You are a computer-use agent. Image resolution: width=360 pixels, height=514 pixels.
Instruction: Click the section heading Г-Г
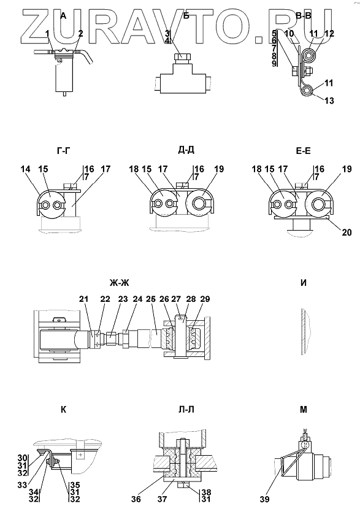(x=63, y=150)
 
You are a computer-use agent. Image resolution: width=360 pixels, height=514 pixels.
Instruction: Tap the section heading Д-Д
(x=186, y=150)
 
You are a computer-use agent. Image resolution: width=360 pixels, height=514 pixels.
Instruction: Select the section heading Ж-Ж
(x=120, y=283)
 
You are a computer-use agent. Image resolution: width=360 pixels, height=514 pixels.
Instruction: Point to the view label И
(x=304, y=283)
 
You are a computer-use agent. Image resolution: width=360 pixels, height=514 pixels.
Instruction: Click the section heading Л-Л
(x=186, y=410)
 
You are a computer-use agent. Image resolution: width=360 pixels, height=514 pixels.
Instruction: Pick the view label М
(x=304, y=410)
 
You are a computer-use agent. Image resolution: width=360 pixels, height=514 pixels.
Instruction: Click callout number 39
(x=264, y=499)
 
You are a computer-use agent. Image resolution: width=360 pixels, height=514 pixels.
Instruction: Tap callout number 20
(x=347, y=232)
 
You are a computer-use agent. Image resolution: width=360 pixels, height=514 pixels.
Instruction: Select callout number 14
(x=25, y=169)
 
